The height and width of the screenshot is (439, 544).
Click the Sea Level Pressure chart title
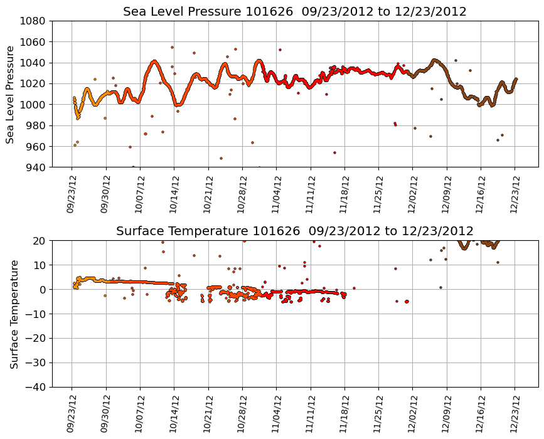pos(294,11)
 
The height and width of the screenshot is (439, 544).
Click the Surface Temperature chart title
pos(294,231)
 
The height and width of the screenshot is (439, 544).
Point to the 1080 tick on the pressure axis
pos(35,21)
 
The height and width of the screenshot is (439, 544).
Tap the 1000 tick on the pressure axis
pos(35,105)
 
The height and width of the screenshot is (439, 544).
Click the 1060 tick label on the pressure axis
pos(35,42)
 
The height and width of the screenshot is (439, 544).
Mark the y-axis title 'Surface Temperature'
pos(14,314)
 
